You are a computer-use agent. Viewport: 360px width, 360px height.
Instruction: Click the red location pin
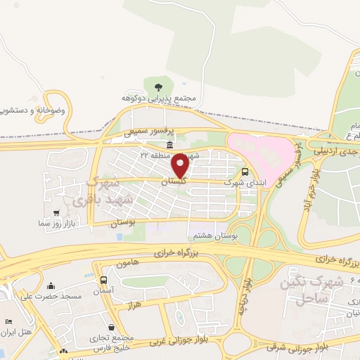181,165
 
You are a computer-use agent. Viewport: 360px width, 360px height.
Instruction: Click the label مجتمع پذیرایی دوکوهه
171,100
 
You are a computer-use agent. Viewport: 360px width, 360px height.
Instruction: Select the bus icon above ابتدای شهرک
245,172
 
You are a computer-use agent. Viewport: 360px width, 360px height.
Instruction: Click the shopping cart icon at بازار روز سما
56,212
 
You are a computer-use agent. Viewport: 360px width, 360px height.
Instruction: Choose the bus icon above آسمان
104,280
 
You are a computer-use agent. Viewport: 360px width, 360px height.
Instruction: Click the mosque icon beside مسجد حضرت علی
51,285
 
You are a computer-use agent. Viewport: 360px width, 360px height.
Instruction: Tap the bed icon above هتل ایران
8,321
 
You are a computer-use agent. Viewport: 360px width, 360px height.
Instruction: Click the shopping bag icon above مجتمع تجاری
112,327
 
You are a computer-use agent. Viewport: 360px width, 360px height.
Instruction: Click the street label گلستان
174,182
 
